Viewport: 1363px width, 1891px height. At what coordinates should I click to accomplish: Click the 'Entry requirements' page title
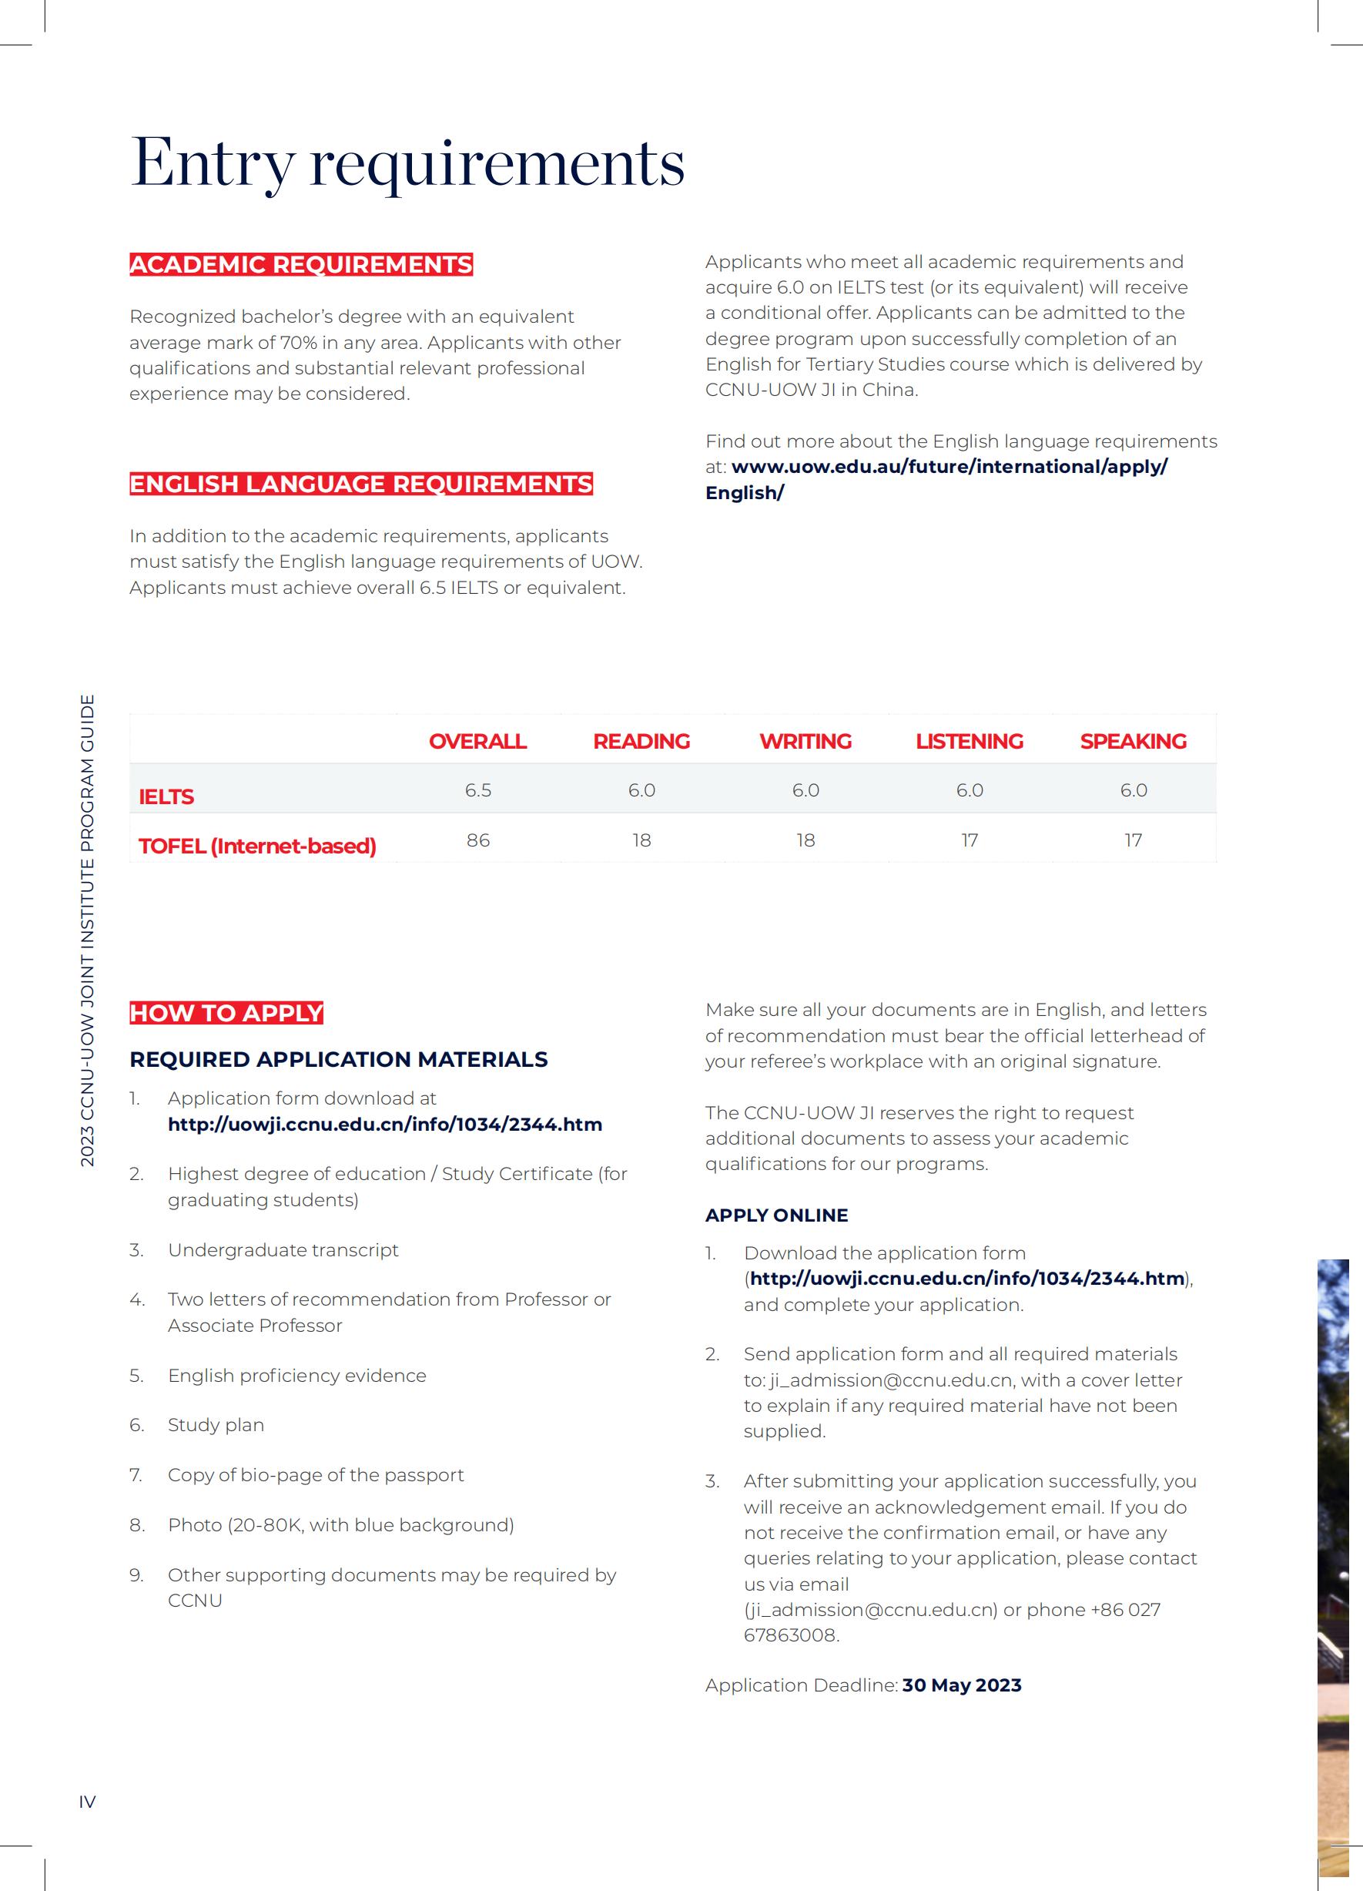tap(407, 162)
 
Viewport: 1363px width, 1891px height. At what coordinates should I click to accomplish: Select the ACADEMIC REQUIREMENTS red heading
tap(301, 264)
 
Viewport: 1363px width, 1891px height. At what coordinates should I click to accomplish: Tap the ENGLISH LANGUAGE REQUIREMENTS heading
tap(361, 484)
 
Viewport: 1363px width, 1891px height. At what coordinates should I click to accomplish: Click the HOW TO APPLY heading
tap(226, 1012)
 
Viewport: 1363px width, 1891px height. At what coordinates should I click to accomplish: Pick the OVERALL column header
tap(477, 741)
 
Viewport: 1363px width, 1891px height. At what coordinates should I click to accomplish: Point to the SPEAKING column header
tap(1133, 741)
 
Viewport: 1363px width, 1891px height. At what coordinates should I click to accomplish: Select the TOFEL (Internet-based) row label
tap(256, 847)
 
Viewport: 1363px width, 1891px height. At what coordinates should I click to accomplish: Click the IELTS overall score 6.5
tap(477, 790)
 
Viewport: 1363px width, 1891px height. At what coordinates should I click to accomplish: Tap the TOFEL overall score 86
tap(477, 840)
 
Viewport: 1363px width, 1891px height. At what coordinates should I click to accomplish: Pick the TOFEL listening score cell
tap(969, 840)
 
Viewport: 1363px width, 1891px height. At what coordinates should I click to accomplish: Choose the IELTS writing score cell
tap(805, 790)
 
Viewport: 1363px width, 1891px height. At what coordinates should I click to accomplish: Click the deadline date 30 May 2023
tap(961, 1685)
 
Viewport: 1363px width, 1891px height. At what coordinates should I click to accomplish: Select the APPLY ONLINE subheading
tap(776, 1215)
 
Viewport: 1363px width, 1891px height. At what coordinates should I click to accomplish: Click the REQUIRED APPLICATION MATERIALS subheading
tap(339, 1059)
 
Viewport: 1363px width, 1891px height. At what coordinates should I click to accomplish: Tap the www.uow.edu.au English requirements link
tap(949, 467)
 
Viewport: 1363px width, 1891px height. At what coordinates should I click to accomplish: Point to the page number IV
tap(88, 1801)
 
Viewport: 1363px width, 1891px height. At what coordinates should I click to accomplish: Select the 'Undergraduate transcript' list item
tap(283, 1249)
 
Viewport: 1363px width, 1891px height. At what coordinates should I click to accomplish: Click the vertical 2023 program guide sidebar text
tap(88, 930)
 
